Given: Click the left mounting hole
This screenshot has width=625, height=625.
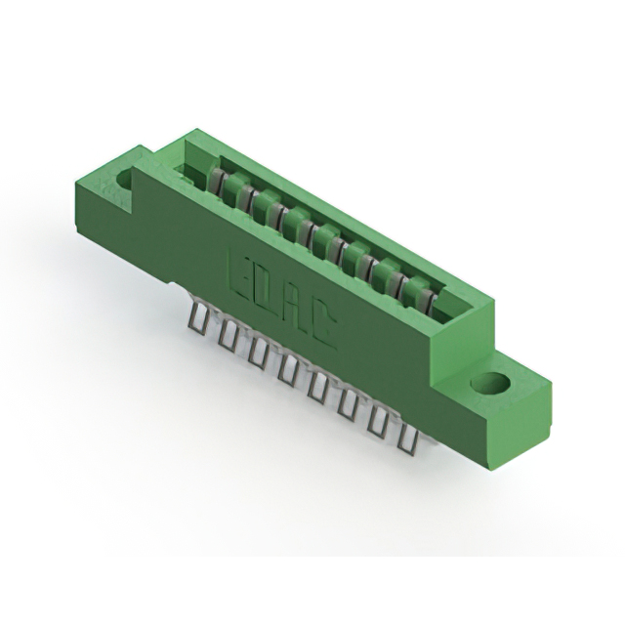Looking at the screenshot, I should (126, 179).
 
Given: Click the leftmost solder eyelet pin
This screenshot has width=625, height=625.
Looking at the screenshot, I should (199, 317).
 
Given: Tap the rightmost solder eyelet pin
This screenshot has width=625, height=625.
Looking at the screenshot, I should (403, 430).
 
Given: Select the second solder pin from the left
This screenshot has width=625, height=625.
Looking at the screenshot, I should (228, 334).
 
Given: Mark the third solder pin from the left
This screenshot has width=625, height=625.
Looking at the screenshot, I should (257, 351).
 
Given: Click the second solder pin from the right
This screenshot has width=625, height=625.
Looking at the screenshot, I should (377, 415).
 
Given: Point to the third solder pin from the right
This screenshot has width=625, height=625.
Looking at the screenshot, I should (348, 399).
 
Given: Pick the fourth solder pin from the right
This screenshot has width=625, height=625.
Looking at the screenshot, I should (317, 384).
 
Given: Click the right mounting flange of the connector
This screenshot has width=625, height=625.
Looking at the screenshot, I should (498, 396).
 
